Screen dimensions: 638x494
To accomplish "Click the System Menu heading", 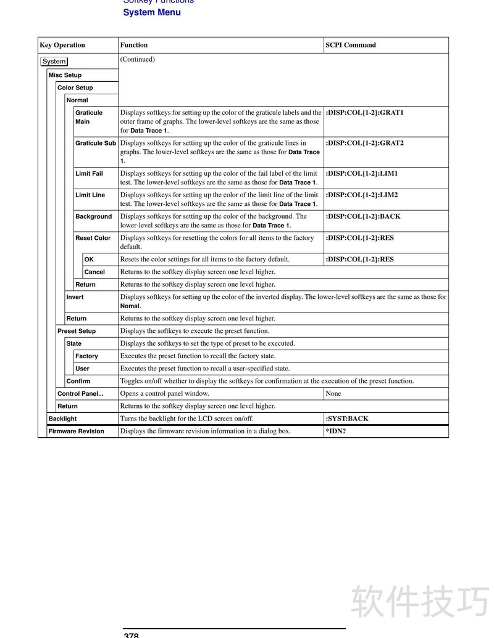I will [x=152, y=12].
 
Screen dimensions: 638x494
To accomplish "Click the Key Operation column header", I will [x=62, y=45].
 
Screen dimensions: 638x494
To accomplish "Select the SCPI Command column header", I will [x=351, y=45].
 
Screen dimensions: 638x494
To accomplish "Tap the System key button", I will [x=54, y=62].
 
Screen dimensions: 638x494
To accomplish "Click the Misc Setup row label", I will [x=65, y=75].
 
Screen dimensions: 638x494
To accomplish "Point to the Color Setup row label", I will [x=75, y=88].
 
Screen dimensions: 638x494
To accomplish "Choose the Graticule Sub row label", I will [x=96, y=143].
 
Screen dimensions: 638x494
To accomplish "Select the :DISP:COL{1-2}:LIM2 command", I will [x=362, y=195].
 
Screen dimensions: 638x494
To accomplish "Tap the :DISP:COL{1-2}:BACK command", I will [x=363, y=216].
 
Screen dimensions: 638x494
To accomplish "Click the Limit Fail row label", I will [x=89, y=174].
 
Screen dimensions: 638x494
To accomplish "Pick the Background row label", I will [x=94, y=216].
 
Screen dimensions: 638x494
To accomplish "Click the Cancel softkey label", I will [x=94, y=272].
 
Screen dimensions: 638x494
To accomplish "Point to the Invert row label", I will [x=75, y=297].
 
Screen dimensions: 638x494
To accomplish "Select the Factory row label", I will [x=86, y=356].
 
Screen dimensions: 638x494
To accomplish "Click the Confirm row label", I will [x=78, y=381].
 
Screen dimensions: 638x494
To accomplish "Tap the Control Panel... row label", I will [x=80, y=393].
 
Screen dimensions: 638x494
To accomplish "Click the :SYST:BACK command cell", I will [x=347, y=419].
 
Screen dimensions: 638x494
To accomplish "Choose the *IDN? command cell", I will [x=336, y=431].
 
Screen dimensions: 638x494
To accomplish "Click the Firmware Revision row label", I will [x=76, y=431].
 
